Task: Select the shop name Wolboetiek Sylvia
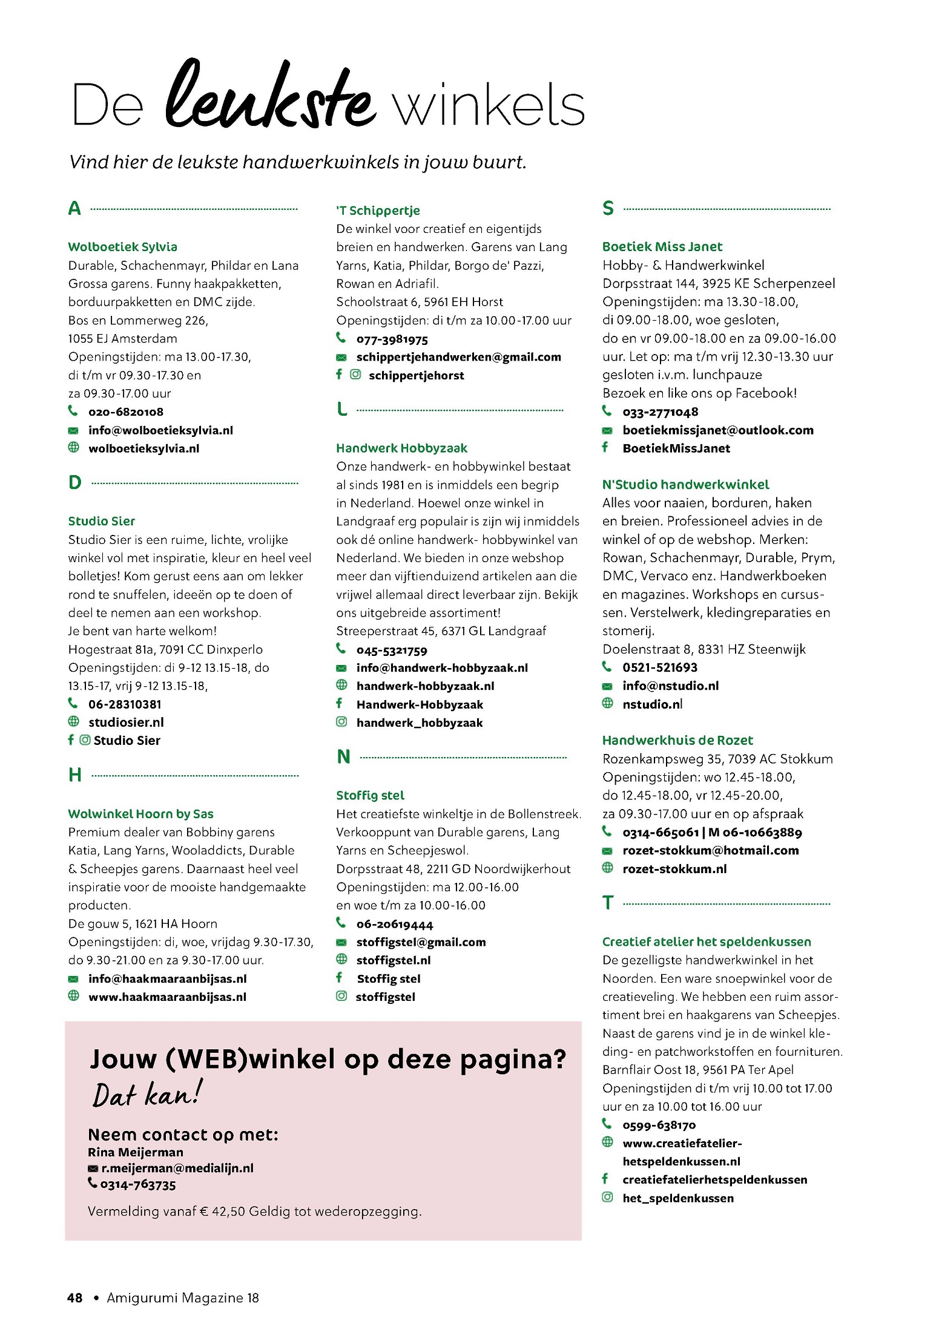click(122, 247)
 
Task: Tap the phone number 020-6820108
click(125, 412)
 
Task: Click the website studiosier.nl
click(126, 722)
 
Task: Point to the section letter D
click(75, 483)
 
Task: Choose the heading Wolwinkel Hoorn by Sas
click(140, 814)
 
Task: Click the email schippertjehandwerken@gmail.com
click(458, 357)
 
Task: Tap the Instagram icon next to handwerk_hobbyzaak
click(341, 722)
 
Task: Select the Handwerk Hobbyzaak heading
click(401, 448)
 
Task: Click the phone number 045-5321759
click(391, 650)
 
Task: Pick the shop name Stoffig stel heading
click(370, 796)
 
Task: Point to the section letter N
click(343, 757)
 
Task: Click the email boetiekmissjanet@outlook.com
click(717, 430)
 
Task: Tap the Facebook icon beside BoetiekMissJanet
click(605, 448)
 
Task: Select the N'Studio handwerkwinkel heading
click(685, 485)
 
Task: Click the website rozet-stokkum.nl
click(674, 869)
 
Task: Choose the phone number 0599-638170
click(659, 1125)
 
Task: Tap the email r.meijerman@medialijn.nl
click(177, 1168)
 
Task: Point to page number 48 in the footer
click(74, 1298)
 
